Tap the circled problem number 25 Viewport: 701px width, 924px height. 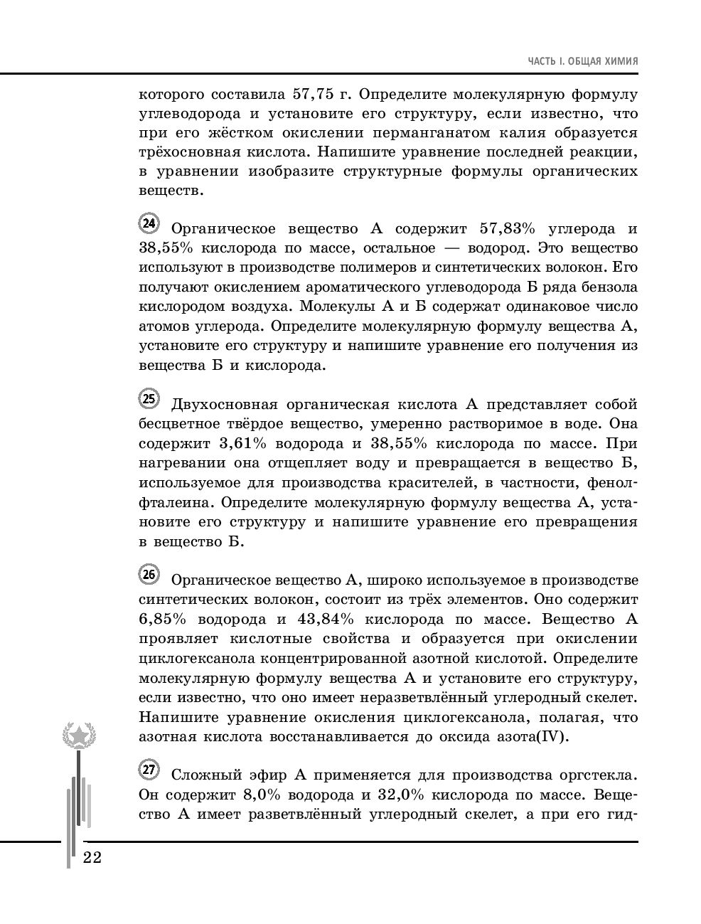click(149, 399)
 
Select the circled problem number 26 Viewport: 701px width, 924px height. click(149, 575)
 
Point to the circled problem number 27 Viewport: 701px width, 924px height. click(149, 770)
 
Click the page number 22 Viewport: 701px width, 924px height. click(92, 857)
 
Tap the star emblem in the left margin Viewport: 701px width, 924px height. click(78, 735)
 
